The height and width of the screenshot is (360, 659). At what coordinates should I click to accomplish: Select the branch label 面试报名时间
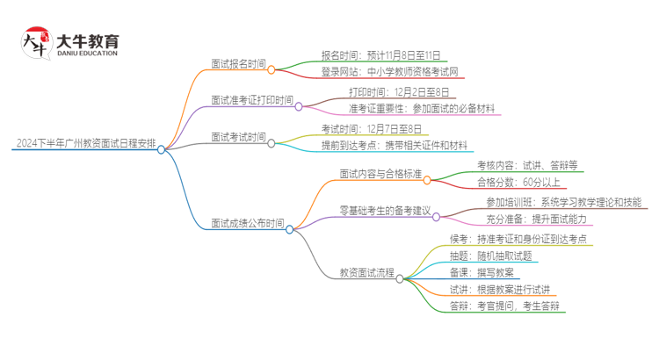237,64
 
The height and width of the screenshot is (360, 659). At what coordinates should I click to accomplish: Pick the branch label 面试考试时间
237,137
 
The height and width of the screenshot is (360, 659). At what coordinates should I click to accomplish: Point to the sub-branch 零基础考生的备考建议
384,212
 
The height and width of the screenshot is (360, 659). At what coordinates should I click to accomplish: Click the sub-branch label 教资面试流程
366,273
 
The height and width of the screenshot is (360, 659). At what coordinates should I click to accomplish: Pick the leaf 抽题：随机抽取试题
490,255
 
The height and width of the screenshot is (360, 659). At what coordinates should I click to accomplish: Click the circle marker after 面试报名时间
272,69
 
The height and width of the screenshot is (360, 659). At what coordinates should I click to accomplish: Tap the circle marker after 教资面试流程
400,278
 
